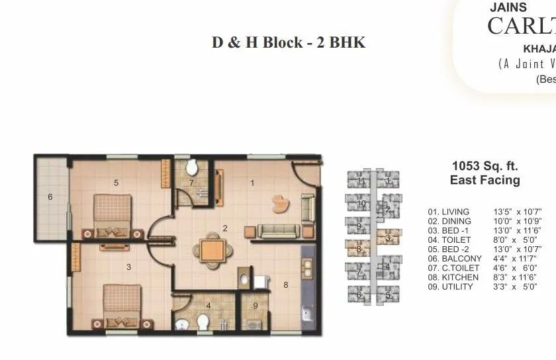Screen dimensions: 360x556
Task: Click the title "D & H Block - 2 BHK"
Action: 289,42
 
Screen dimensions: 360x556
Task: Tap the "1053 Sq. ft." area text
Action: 485,166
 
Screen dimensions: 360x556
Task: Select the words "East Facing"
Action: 485,180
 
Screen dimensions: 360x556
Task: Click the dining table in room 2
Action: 212,250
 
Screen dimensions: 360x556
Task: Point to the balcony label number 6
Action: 50,197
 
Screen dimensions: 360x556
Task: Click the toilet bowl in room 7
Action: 192,166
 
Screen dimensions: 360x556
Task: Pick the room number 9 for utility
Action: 255,306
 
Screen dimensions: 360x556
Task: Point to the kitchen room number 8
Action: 285,285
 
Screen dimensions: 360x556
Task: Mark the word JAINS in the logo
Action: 508,8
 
